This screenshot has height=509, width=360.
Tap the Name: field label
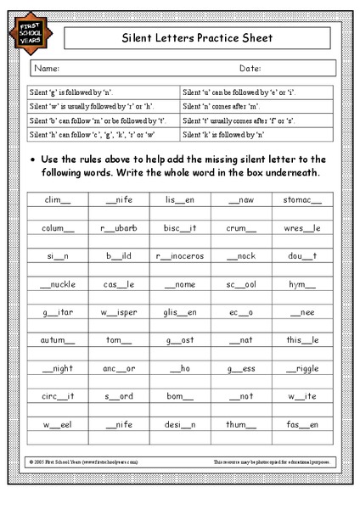tap(47, 69)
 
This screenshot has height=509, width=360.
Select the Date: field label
tap(250, 69)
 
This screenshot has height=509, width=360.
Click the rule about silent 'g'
tap(72, 90)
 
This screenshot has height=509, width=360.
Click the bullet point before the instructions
tap(31, 159)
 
